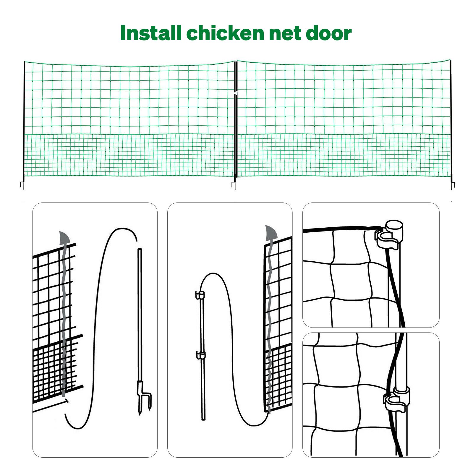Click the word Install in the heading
point(151,33)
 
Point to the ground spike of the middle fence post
point(234,185)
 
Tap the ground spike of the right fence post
point(453,185)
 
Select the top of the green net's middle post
point(236,62)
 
